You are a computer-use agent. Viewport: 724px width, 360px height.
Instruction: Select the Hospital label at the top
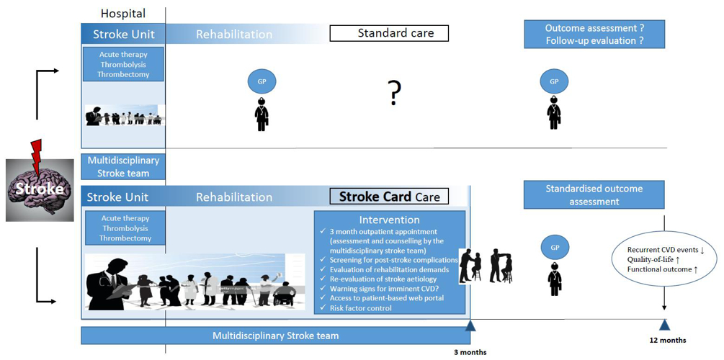pyautogui.click(x=122, y=13)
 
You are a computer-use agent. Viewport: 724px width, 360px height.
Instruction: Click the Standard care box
pyautogui.click(x=389, y=33)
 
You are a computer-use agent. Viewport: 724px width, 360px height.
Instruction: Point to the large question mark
pyautogui.click(x=394, y=93)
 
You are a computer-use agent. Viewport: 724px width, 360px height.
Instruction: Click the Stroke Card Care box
pyautogui.click(x=389, y=197)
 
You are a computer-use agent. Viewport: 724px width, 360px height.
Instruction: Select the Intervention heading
pyautogui.click(x=389, y=220)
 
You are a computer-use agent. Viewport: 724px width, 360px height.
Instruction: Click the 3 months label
pyautogui.click(x=470, y=352)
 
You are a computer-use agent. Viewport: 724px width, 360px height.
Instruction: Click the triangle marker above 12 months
pyautogui.click(x=664, y=325)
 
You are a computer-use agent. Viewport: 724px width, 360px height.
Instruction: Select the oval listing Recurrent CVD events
pyautogui.click(x=663, y=259)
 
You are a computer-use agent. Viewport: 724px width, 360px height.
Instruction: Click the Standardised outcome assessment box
pyautogui.click(x=594, y=195)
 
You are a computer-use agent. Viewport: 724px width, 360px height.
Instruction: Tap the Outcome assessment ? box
pyautogui.click(x=594, y=35)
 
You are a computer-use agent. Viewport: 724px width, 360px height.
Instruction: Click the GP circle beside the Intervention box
pyautogui.click(x=555, y=247)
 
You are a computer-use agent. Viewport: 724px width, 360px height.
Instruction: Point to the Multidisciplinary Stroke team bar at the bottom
pyautogui.click(x=275, y=336)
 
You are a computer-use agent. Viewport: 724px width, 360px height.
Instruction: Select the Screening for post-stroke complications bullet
pyautogui.click(x=393, y=260)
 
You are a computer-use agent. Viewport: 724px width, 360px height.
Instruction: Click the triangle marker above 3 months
pyautogui.click(x=470, y=325)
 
